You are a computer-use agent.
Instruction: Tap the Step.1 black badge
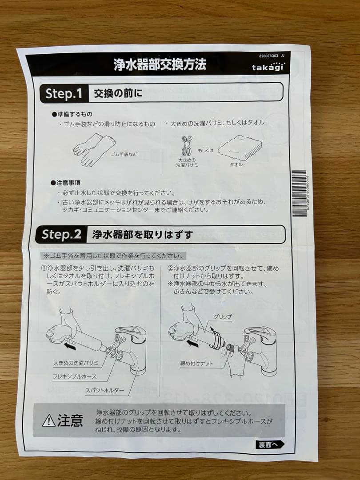tap(64, 94)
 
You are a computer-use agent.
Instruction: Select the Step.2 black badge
tap(61, 234)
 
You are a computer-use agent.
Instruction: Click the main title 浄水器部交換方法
tap(160, 65)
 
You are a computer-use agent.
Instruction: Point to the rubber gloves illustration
tap(91, 149)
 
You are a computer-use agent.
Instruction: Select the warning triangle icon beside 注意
tap(48, 420)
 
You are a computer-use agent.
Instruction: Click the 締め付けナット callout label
tap(196, 364)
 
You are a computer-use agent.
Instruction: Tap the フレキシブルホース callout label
tap(75, 377)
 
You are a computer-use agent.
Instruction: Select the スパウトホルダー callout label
tap(105, 391)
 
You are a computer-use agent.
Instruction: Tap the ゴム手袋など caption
tap(124, 155)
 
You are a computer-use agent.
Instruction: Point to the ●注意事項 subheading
tap(65, 183)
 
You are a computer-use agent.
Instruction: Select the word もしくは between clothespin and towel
tap(206, 150)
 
